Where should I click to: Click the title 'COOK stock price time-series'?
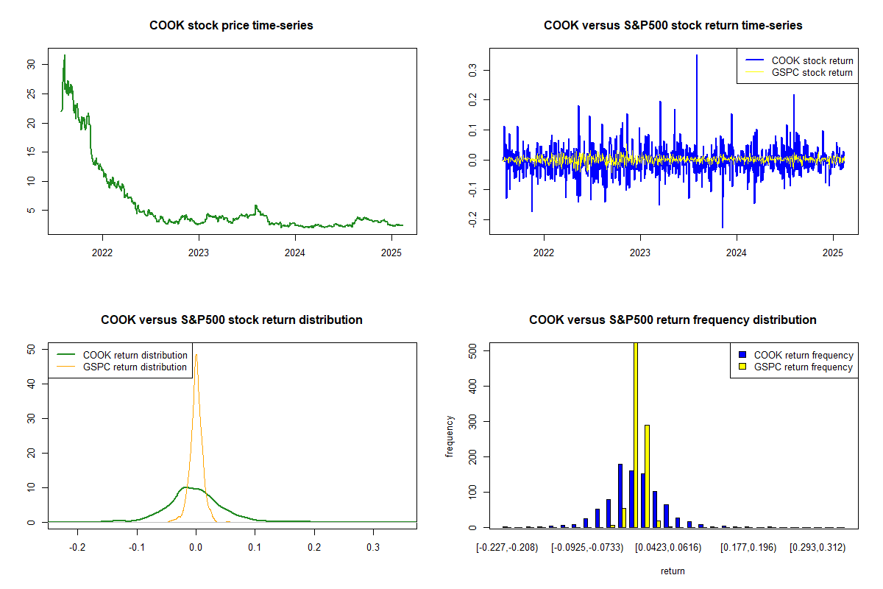(x=231, y=25)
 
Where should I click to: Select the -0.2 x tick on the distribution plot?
(x=77, y=548)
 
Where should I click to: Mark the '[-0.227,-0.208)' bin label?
(x=508, y=548)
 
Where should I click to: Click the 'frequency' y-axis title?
(x=450, y=436)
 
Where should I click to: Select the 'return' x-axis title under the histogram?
(x=673, y=571)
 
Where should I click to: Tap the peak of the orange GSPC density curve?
(x=196, y=355)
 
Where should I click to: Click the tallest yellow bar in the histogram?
(x=635, y=434)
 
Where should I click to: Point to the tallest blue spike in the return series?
(x=696, y=55)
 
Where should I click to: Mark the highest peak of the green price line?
(x=64, y=55)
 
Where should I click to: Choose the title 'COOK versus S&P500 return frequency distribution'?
(x=673, y=320)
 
